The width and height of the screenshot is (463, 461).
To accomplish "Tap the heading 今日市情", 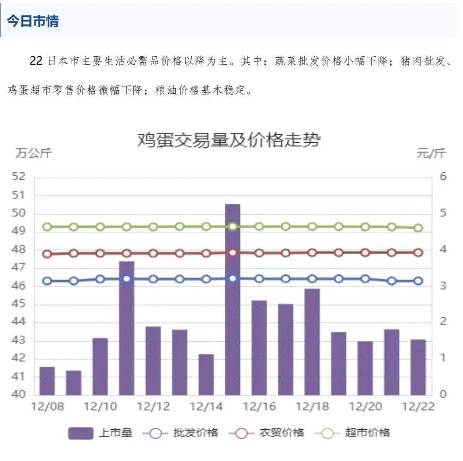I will (x=33, y=21).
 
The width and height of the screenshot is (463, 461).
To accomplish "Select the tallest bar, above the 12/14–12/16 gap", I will (x=233, y=299).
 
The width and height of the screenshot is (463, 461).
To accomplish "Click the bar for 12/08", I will (x=47, y=380).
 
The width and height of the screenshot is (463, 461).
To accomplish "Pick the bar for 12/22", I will (x=418, y=367).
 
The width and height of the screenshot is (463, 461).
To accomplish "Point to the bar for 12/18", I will (x=312, y=342).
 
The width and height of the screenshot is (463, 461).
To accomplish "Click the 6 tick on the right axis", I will (x=443, y=177).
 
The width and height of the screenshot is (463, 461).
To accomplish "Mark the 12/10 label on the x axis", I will (x=100, y=407).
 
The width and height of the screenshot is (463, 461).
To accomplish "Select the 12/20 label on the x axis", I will (x=365, y=407).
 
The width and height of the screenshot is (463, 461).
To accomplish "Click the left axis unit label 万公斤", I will (x=33, y=154).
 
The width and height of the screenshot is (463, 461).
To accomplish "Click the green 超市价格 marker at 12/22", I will (x=418, y=228).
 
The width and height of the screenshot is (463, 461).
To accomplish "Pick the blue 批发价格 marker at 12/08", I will (x=47, y=281).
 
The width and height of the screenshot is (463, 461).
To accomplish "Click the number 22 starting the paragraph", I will (x=36, y=61).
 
